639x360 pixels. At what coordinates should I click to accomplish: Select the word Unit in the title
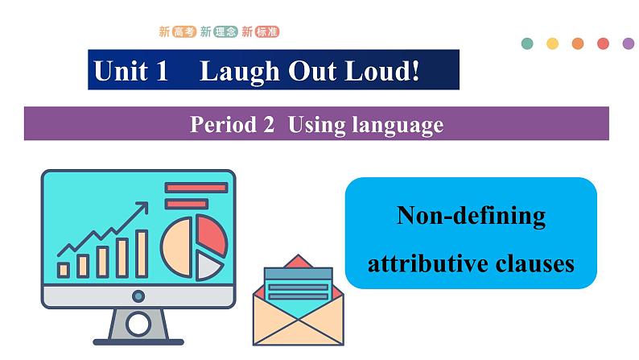(x=121, y=72)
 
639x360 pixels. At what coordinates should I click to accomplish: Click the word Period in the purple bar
(x=221, y=125)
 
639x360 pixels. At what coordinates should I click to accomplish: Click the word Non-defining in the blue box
(x=471, y=216)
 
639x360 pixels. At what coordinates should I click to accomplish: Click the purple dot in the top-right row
(x=629, y=43)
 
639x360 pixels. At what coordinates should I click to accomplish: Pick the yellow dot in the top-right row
(x=552, y=43)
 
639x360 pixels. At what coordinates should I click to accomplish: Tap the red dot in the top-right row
(x=603, y=43)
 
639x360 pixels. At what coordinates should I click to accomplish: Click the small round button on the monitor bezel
(x=138, y=296)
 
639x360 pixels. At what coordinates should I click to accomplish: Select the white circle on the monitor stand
(x=138, y=325)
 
